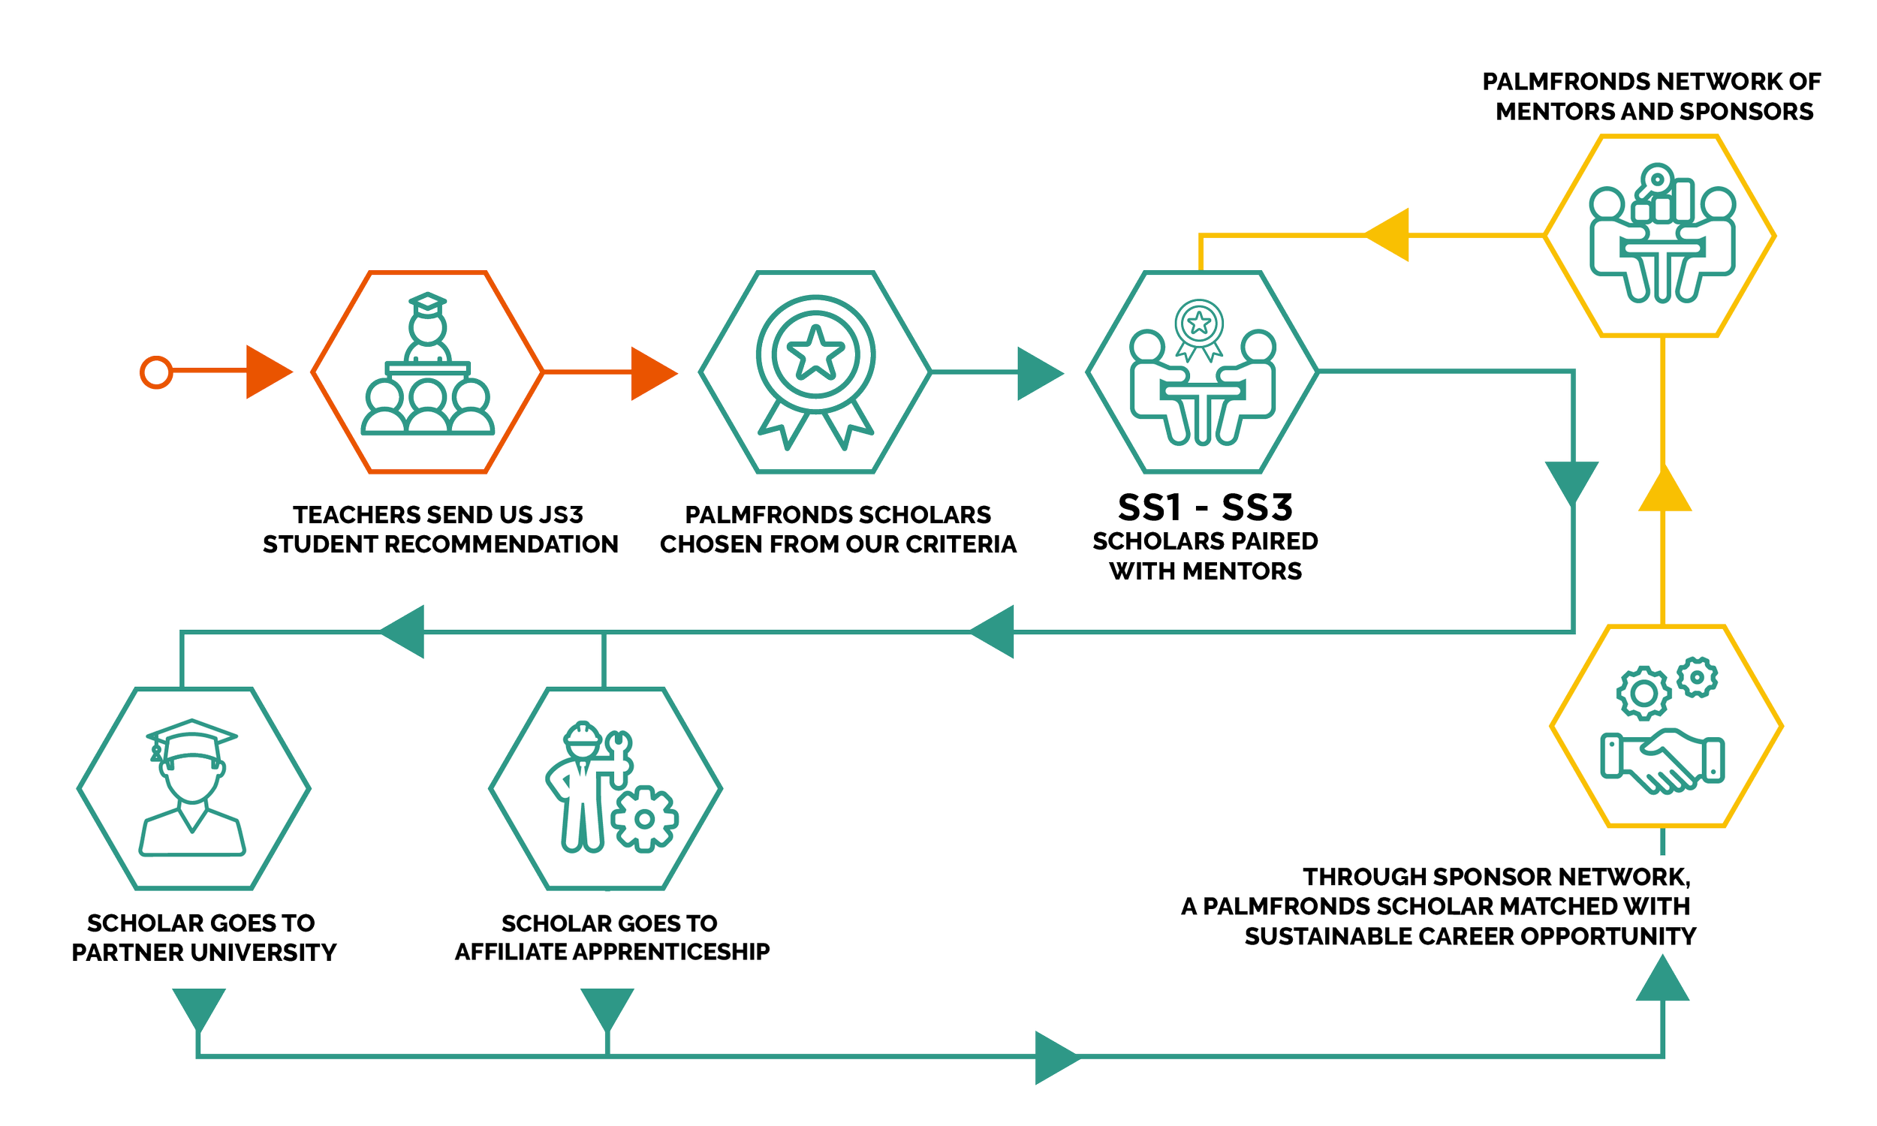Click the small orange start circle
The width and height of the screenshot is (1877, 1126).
pos(156,372)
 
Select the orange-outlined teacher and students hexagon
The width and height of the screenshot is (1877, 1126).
pos(427,372)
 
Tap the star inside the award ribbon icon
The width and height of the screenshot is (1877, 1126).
pos(815,352)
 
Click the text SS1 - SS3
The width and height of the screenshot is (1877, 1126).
pos(1204,507)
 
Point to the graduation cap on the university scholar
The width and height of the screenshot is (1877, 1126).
pos(191,737)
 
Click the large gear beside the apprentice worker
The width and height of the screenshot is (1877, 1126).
pos(644,819)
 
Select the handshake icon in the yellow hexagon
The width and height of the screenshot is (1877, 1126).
pos(1662,760)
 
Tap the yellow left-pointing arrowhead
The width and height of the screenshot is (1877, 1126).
pos(1387,235)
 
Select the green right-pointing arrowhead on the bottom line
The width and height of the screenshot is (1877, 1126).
pos(1056,1057)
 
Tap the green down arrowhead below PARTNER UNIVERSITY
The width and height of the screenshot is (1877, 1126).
pos(199,1008)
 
